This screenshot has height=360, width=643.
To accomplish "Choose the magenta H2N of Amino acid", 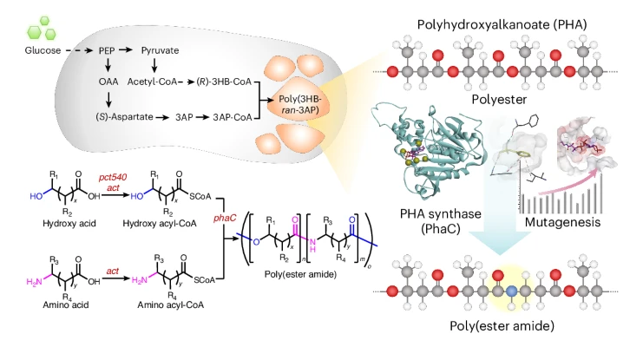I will point(26,272).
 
